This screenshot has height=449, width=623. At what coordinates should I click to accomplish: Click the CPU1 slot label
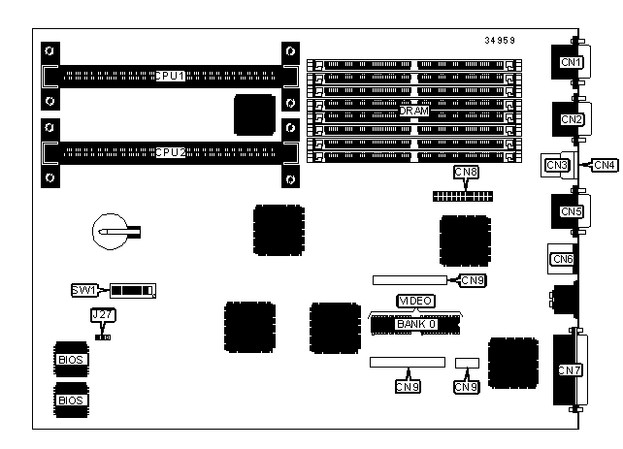[171, 75]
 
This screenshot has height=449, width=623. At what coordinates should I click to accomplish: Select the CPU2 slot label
[171, 151]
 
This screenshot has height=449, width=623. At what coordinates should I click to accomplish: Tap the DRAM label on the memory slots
[414, 112]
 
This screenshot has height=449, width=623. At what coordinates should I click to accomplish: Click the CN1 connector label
[571, 63]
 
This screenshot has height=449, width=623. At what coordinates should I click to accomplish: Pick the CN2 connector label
[571, 119]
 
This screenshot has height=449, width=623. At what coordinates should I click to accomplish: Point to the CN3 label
[556, 165]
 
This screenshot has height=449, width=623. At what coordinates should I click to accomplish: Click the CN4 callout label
[604, 165]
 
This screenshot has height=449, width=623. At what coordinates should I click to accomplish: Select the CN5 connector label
[571, 210]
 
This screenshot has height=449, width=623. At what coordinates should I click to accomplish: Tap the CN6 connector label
[562, 259]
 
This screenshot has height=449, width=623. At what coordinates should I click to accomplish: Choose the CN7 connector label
[570, 369]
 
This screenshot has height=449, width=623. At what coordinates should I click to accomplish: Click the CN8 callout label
[466, 173]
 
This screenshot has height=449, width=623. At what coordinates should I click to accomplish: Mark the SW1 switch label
[84, 290]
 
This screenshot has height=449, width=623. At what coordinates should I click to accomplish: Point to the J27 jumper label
[100, 315]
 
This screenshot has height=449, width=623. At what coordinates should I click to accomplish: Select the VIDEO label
[414, 302]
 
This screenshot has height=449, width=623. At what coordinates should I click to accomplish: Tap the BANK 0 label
[414, 323]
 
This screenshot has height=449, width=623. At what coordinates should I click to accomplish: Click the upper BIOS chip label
[71, 359]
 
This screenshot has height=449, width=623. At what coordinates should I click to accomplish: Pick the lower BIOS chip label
[71, 399]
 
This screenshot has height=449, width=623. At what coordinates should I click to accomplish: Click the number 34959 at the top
[500, 41]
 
